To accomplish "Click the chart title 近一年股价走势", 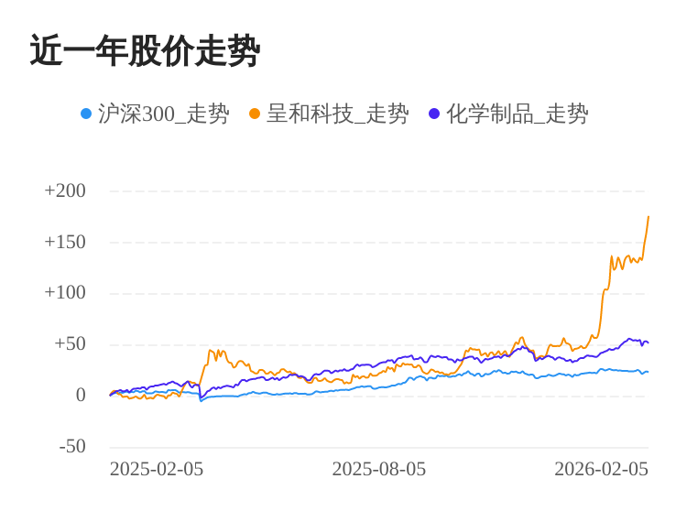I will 145,51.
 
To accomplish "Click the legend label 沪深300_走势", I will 164,114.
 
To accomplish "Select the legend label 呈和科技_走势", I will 338,114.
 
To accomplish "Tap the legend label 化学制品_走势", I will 518,114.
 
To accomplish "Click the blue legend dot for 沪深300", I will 86,114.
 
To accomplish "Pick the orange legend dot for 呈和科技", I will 255,114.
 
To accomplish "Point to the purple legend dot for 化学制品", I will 434,114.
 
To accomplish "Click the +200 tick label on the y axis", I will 65,190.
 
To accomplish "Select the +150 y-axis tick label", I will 65,242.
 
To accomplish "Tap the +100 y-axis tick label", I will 65,293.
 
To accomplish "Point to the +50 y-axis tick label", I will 70,344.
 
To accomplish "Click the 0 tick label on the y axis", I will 81,396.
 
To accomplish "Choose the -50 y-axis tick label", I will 72,447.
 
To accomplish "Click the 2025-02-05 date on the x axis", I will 157,469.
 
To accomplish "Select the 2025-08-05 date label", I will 379,469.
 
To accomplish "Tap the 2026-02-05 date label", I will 601,469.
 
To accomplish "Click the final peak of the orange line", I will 649,217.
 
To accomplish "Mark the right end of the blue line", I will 648,371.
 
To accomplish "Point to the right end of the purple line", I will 648,342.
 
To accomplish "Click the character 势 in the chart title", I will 245,51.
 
